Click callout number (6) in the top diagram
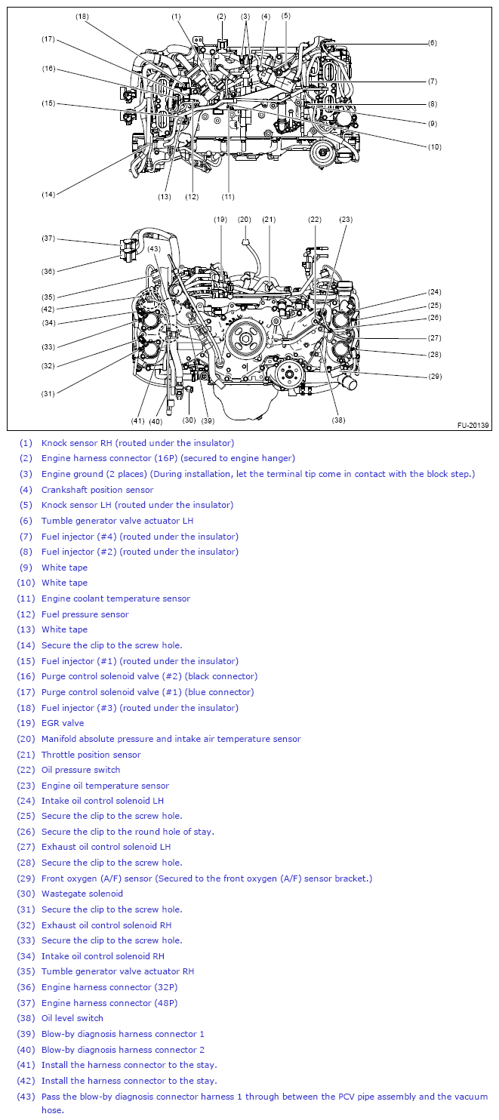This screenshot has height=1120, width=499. click(432, 43)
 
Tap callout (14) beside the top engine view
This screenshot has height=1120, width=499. click(48, 194)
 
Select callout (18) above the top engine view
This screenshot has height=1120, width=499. click(82, 16)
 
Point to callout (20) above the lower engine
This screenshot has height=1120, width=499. click(244, 220)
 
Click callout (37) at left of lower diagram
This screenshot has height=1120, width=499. click(48, 238)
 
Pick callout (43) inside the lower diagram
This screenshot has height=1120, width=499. click(154, 248)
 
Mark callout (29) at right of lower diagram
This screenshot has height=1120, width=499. click(435, 376)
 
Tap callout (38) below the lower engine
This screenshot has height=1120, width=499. click(338, 420)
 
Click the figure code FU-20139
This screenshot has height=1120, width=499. click(473, 425)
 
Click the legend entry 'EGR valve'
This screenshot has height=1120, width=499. click(63, 723)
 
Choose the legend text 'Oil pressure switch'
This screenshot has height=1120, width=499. click(81, 770)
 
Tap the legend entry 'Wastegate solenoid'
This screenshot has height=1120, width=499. click(82, 894)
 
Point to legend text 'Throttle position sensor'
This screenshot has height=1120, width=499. click(91, 755)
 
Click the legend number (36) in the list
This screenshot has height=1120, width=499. click(26, 987)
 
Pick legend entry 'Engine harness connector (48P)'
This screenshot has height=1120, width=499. click(109, 1003)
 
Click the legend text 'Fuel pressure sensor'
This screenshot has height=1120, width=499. click(85, 614)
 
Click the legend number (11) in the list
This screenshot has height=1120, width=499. click(26, 598)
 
